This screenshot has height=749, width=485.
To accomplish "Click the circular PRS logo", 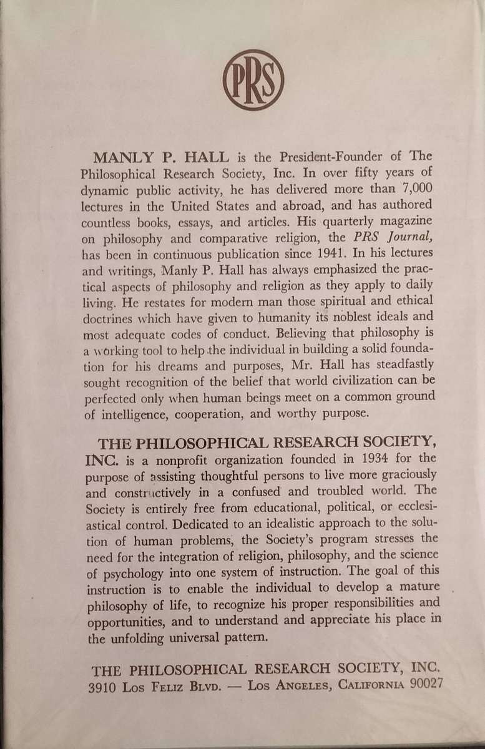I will (x=253, y=81).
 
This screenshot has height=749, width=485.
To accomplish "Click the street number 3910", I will (x=107, y=684).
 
